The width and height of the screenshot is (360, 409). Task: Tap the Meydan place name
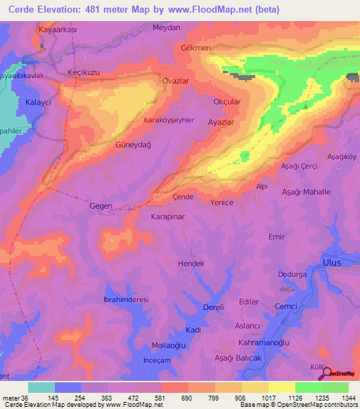pos(167,27)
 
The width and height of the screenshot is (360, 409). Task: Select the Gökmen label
pos(195,48)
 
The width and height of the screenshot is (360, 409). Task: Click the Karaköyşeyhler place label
pos(169,120)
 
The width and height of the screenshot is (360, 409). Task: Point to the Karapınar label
pos(167,218)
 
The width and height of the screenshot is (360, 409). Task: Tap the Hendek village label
pos(191,263)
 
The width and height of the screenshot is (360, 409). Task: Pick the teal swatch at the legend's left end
pos(41,387)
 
